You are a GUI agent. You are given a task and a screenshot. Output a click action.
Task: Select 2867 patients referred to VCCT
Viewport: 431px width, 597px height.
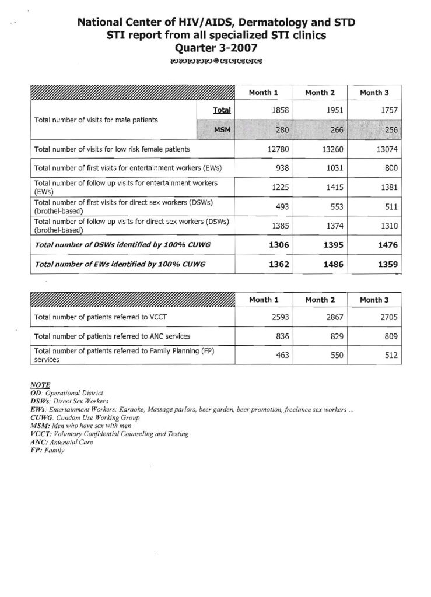point(333,318)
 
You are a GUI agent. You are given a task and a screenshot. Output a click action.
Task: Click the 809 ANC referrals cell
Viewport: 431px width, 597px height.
point(388,336)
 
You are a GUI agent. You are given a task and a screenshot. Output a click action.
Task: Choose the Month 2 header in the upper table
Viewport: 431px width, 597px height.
point(318,93)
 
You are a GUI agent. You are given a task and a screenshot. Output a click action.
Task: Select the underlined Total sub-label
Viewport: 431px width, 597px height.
point(222,110)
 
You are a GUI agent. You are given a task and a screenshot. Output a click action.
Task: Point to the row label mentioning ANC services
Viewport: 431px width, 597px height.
point(113,336)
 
